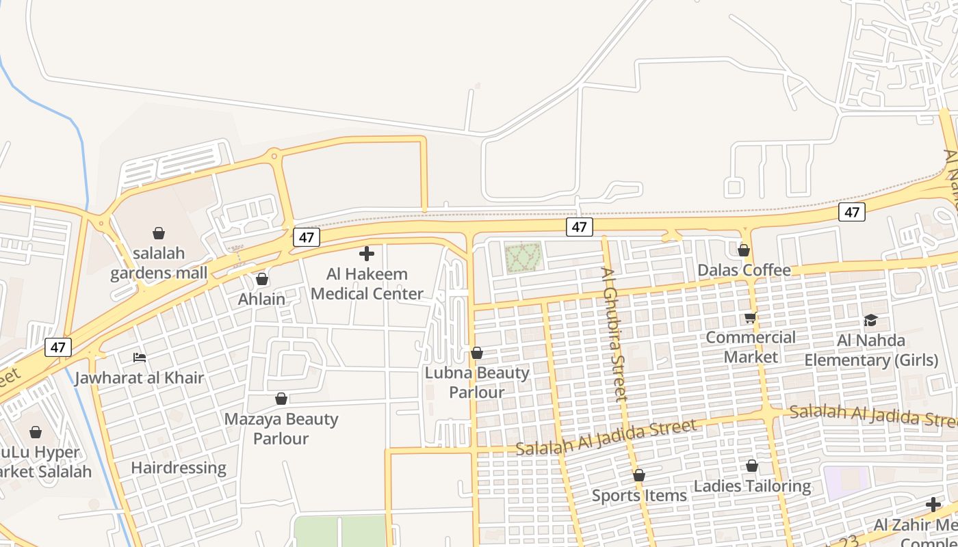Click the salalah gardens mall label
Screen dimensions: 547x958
(x=159, y=263)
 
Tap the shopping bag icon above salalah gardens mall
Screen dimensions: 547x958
(x=159, y=233)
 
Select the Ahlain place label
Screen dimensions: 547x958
(x=261, y=299)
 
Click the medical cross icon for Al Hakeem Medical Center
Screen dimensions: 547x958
(x=367, y=254)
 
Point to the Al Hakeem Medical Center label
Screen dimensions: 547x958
(x=367, y=284)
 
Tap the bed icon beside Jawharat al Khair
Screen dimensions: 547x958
(x=140, y=358)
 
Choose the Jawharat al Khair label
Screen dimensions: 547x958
(x=140, y=378)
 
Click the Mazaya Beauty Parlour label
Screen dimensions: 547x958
(x=281, y=429)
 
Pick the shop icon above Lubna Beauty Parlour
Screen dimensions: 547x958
(x=477, y=353)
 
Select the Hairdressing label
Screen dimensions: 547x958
(x=179, y=468)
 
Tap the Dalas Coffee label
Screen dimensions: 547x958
(x=744, y=270)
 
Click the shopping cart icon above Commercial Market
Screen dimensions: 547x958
(x=751, y=318)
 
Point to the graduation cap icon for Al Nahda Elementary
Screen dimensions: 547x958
(x=870, y=320)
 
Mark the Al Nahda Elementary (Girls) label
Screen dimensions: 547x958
(x=871, y=350)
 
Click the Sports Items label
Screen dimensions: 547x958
(x=639, y=496)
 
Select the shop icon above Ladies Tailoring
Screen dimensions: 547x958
(x=752, y=466)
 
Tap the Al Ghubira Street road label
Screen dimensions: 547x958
(x=614, y=334)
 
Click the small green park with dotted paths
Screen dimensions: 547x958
(x=523, y=258)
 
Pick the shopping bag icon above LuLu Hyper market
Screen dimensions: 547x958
(x=36, y=432)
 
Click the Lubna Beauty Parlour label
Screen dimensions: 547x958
(x=477, y=382)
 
